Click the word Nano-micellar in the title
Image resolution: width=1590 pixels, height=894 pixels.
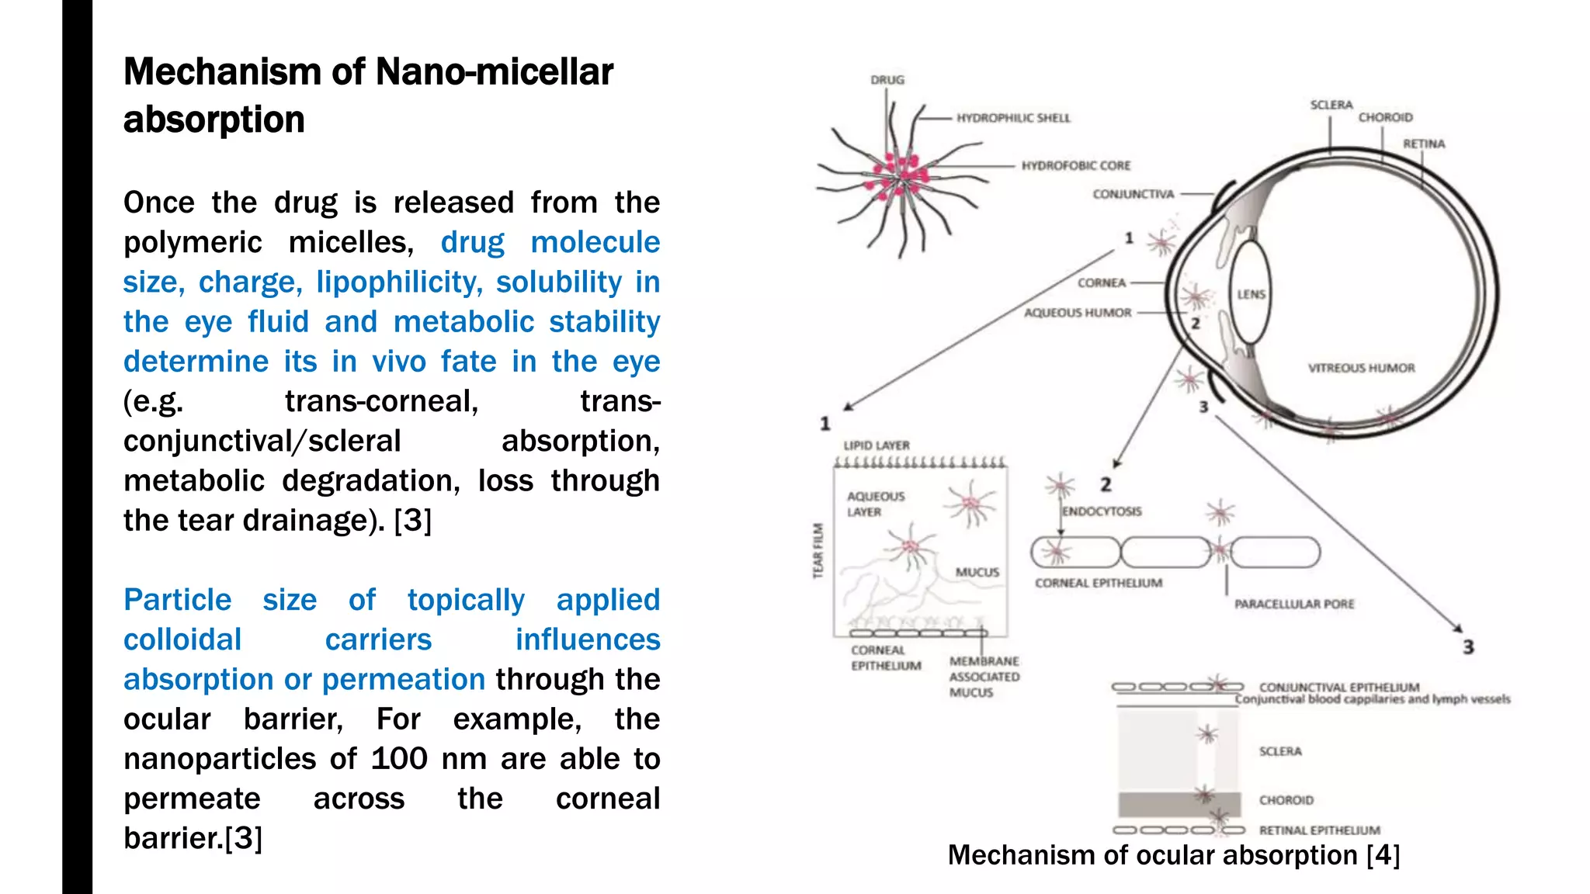(494, 72)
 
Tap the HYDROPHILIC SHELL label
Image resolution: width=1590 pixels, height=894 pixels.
(1013, 118)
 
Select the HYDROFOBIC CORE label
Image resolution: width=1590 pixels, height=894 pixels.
(1075, 165)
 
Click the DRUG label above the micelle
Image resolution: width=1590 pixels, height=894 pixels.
(887, 80)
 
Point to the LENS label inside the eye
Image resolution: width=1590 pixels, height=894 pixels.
(1251, 294)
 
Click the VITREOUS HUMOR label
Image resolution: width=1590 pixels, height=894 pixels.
(1361, 368)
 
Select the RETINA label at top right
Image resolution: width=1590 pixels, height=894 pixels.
(1423, 144)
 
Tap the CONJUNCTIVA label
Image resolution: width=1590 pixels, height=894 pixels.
(1133, 194)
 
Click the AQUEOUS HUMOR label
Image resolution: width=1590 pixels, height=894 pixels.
(1077, 313)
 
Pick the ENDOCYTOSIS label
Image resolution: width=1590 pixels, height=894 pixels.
(1102, 511)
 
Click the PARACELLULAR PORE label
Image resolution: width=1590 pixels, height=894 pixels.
(1293, 604)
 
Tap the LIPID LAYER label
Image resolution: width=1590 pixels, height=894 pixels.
(876, 445)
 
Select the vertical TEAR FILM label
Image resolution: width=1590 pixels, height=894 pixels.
(818, 550)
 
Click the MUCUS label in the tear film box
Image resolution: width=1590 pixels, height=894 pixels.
(977, 572)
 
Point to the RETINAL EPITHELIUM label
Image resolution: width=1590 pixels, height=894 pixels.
(1319, 830)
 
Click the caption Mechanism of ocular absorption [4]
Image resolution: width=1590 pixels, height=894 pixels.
(1173, 855)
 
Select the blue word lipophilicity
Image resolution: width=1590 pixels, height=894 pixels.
(399, 282)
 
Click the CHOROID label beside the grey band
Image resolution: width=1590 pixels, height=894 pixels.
(1286, 800)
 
